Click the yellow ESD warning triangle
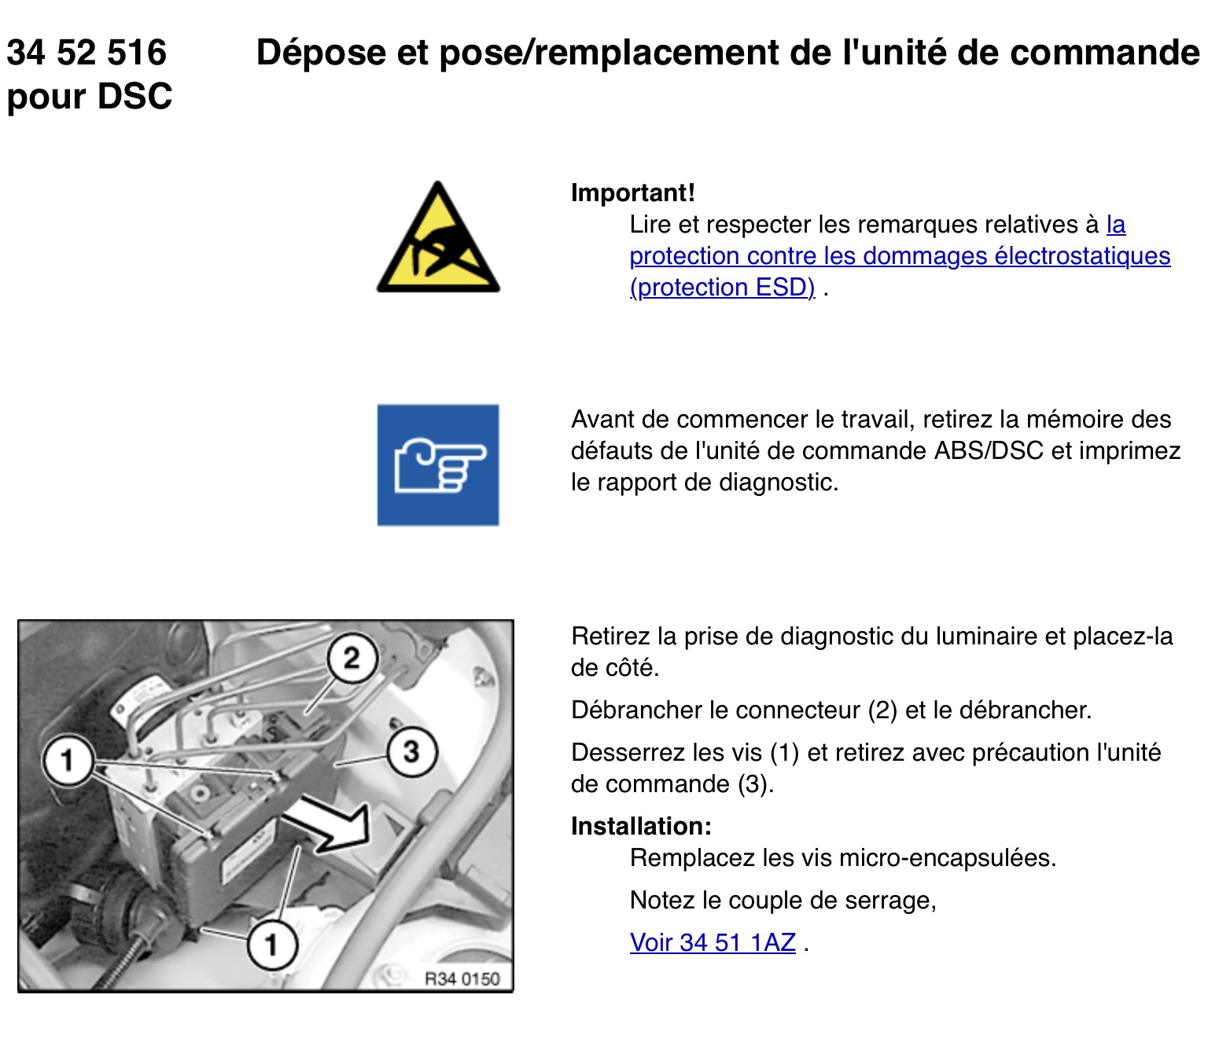coord(438,240)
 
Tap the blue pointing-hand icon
coord(438,465)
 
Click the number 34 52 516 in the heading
coord(87,52)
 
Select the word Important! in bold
coord(633,193)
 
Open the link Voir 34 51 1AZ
coord(713,942)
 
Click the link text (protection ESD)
coord(722,288)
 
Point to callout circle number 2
coord(352,659)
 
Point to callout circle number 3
coord(411,751)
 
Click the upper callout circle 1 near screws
coord(68,760)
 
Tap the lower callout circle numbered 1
coord(272,945)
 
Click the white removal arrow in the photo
coord(329,825)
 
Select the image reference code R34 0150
coord(462,979)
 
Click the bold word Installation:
coord(641,826)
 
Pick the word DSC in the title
coord(135,96)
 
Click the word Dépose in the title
coord(321,53)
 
